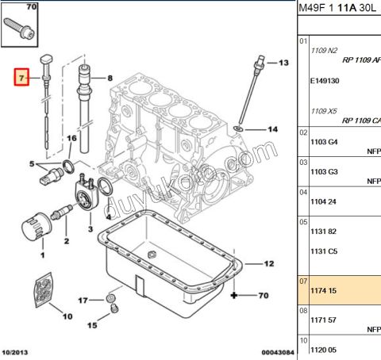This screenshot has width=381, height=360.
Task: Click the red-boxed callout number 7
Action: click(x=23, y=78)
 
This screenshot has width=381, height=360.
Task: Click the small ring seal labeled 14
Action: click(x=239, y=128)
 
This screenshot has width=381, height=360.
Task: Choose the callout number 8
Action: click(x=110, y=78)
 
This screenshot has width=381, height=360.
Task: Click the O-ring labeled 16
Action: click(x=70, y=166)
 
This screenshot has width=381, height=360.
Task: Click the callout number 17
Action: click(x=82, y=301)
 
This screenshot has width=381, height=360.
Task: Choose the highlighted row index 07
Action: click(x=302, y=281)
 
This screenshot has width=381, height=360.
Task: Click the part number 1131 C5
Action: click(x=323, y=251)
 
